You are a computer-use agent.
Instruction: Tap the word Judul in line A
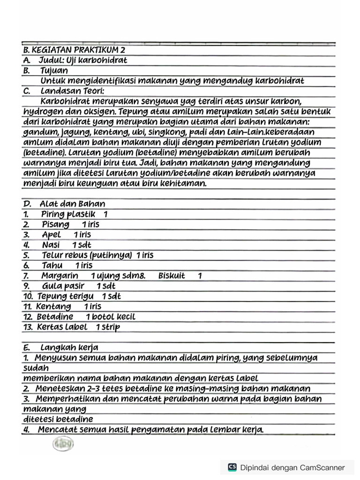tap(52, 60)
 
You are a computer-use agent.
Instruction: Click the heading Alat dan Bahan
tap(72, 204)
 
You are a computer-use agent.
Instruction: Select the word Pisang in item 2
tap(55, 225)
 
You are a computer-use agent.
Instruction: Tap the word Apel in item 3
tap(52, 234)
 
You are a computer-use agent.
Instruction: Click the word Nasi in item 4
tap(51, 245)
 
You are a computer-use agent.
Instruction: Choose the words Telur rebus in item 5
tap(63, 255)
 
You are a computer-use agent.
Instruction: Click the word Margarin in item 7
tap(60, 276)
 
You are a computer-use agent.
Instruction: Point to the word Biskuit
tap(172, 276)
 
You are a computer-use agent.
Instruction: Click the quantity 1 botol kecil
tap(111, 317)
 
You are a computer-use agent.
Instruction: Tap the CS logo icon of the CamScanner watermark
tap(232, 467)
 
